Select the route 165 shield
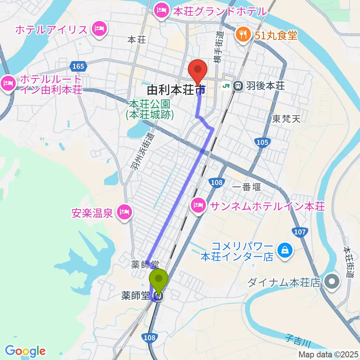pyautogui.click(x=78, y=66)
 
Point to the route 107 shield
pyautogui.click(x=300, y=232)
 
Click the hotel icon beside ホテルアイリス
pyautogui.click(x=99, y=28)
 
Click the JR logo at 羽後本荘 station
pyautogui.click(x=226, y=86)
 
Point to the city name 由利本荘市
pyautogui.click(x=176, y=90)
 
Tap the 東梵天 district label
pyautogui.click(x=286, y=119)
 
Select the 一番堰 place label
pyautogui.click(x=246, y=187)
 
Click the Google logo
pyautogui.click(x=25, y=351)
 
